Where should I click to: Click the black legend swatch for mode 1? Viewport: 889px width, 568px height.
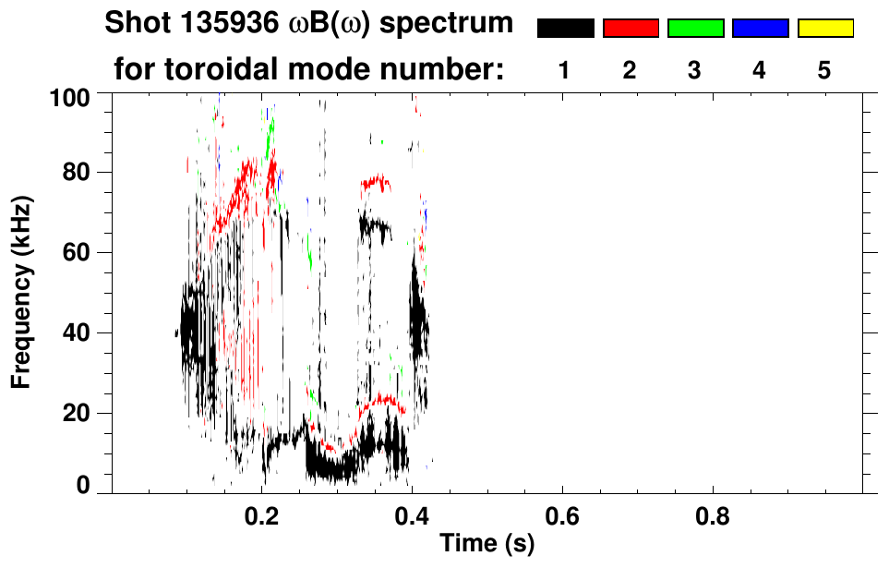click(x=565, y=29)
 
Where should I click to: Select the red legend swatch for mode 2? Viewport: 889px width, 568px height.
click(x=631, y=29)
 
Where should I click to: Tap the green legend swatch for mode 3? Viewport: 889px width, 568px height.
click(x=695, y=29)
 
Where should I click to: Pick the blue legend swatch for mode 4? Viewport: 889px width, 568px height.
click(x=760, y=29)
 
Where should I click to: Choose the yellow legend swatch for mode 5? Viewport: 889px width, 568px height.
click(x=824, y=29)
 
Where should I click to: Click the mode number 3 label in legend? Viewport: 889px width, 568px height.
click(x=695, y=70)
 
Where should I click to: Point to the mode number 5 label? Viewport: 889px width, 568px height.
click(x=824, y=70)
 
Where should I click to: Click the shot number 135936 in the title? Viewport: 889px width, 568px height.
click(x=226, y=23)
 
